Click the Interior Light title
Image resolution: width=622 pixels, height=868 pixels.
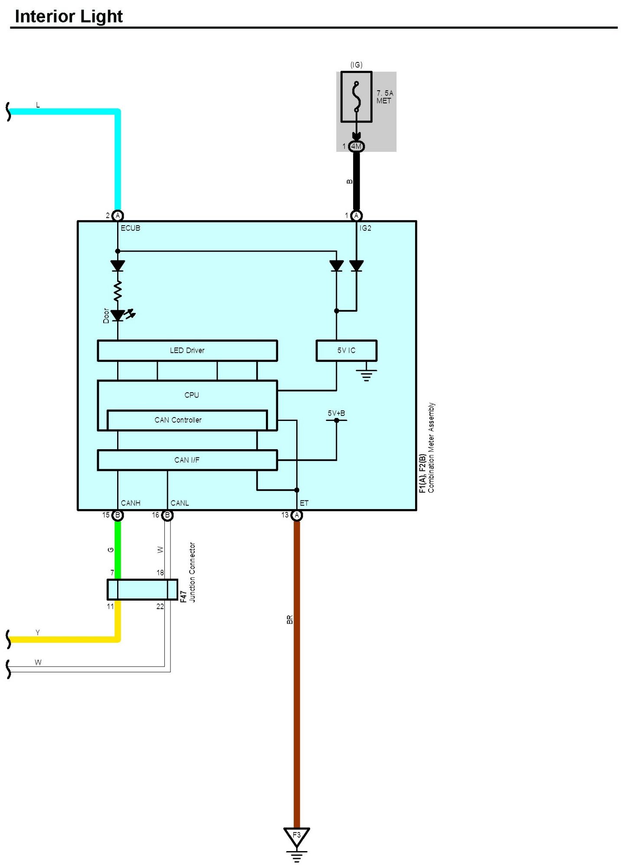[x=69, y=16]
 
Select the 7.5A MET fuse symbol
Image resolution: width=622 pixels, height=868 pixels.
[x=356, y=97]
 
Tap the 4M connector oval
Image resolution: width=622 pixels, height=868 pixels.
[x=356, y=146]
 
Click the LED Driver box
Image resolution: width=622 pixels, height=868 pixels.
[x=187, y=351]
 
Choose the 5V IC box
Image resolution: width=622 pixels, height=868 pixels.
[x=346, y=351]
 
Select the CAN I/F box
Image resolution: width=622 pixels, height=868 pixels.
[x=187, y=460]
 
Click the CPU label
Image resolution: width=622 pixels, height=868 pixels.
[x=191, y=395]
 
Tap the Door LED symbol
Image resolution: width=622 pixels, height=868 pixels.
[x=118, y=316]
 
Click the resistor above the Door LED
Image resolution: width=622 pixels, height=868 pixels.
[x=118, y=291]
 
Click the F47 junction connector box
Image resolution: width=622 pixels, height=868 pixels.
[x=142, y=590]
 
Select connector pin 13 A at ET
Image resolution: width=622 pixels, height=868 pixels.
[x=297, y=515]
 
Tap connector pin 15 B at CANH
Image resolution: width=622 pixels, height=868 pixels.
[x=118, y=515]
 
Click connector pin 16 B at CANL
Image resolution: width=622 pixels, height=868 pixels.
[x=167, y=515]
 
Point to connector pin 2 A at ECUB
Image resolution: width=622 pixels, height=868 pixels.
[x=118, y=216]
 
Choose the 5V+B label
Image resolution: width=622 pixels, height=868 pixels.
[x=336, y=413]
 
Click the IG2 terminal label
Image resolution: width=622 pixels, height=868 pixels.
[x=365, y=228]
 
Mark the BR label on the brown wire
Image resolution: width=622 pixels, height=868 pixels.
[x=290, y=620]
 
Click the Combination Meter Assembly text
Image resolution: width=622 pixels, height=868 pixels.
[x=431, y=447]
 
